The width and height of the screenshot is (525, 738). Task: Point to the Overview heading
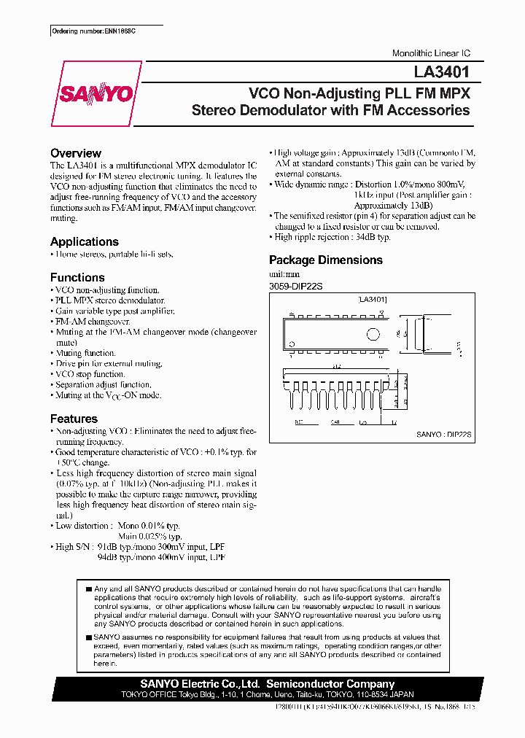tap(76, 153)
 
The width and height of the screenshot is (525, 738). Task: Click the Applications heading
tap(85, 241)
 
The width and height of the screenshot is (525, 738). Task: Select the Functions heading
tap(77, 277)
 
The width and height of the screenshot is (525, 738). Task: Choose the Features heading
tap(74, 419)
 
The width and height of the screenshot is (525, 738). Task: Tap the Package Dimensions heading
tap(326, 260)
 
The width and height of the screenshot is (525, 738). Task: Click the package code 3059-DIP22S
tap(296, 287)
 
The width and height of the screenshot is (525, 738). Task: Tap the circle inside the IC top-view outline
tap(373, 335)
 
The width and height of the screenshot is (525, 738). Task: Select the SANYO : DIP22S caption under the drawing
tap(444, 434)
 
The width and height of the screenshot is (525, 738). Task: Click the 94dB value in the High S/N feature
tap(107, 556)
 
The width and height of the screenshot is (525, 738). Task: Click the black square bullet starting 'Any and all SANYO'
tap(88, 589)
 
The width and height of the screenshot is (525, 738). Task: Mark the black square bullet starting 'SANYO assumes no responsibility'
tap(88, 637)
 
